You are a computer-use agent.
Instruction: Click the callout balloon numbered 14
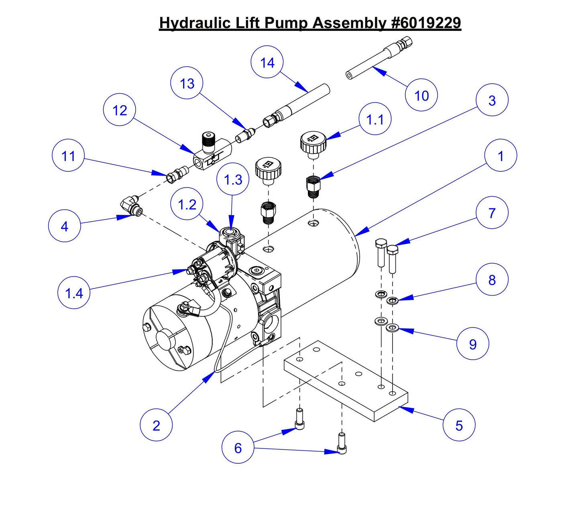(x=267, y=63)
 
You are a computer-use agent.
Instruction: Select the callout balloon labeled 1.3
(x=233, y=179)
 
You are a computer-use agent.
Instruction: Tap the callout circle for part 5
(x=459, y=425)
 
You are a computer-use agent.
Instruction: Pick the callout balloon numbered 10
(x=421, y=96)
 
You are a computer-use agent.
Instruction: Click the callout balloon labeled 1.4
(x=74, y=293)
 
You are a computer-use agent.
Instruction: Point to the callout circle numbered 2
(x=156, y=425)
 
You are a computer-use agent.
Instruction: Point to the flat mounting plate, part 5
(x=345, y=381)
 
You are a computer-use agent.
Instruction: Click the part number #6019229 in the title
(x=425, y=23)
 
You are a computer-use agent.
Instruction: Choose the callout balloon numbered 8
(x=492, y=280)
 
